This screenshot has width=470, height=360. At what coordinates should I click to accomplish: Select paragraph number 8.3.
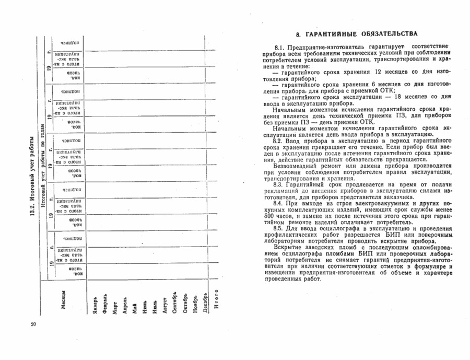coord(278,184)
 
